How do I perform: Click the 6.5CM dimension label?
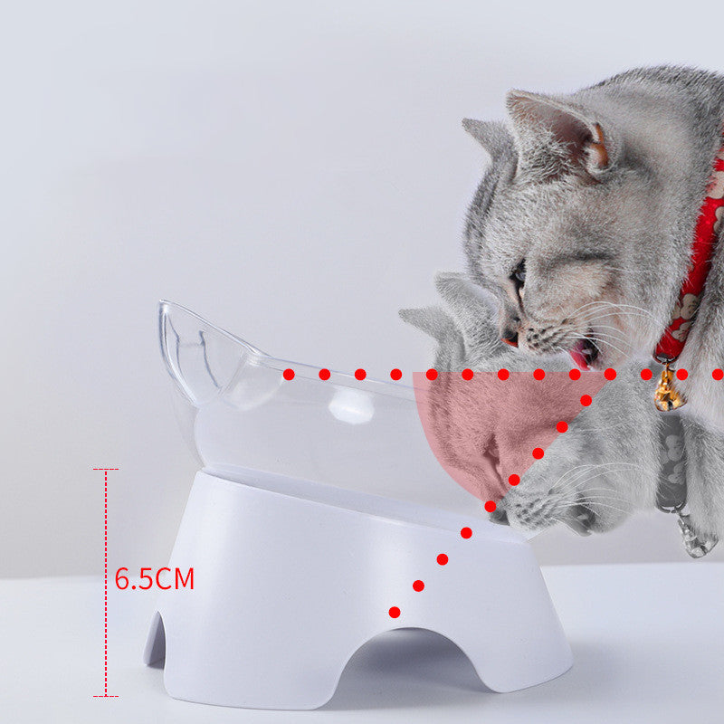(154, 578)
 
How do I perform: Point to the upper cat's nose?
(510, 338)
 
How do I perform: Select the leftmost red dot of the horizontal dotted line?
(289, 375)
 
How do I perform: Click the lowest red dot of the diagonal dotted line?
(395, 613)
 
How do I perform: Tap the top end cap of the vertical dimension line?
(106, 469)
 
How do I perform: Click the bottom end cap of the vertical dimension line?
(106, 696)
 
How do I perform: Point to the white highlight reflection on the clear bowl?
(351, 406)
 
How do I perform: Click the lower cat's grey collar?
(671, 462)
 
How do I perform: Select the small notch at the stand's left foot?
(157, 640)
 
